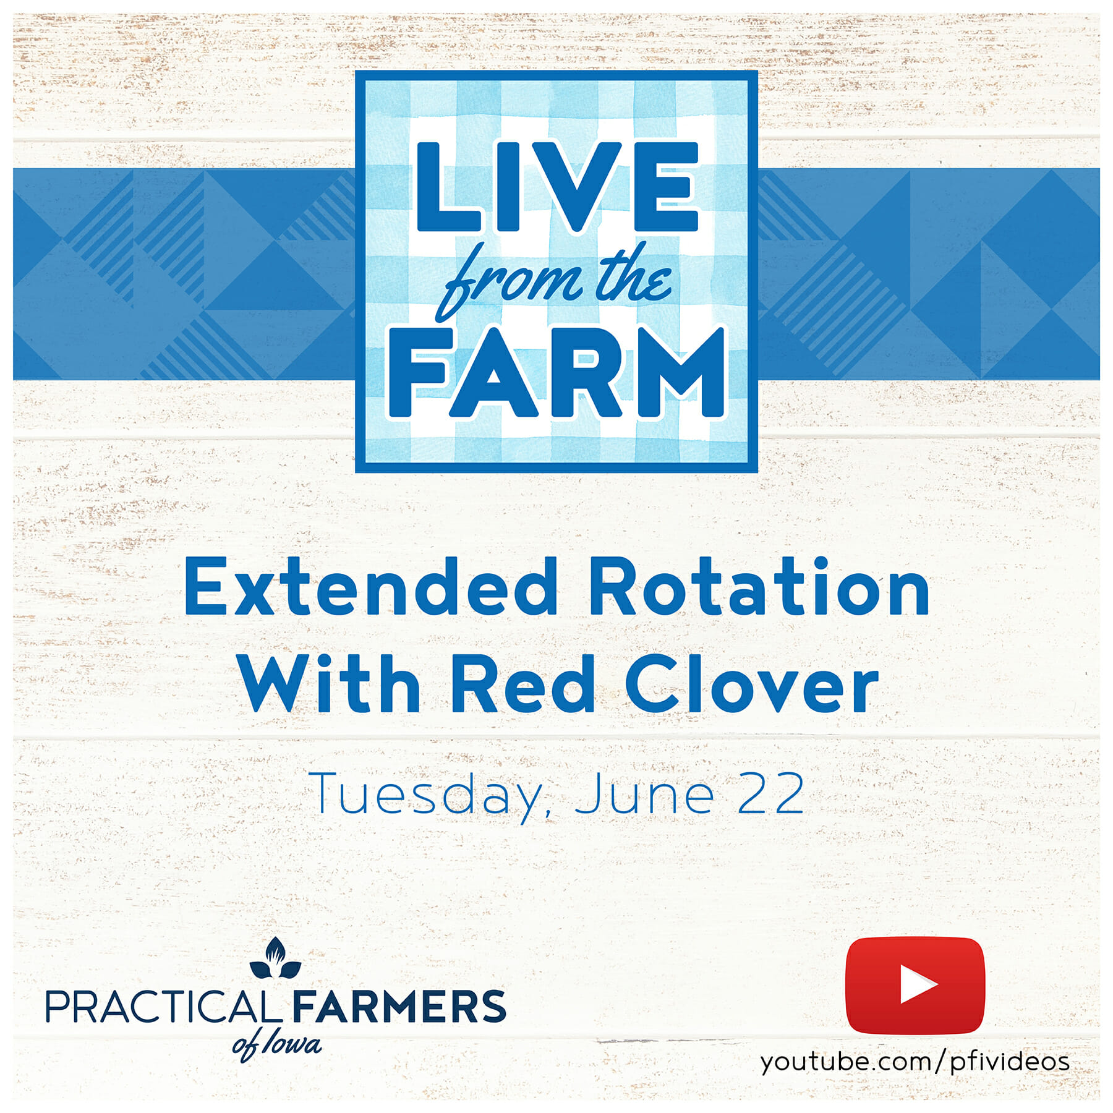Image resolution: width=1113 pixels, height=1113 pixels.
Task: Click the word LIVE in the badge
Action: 556,187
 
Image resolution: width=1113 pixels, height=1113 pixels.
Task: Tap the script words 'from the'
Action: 553,281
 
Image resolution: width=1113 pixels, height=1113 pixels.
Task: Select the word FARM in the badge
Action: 556,372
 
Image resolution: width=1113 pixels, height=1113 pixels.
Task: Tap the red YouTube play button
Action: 915,986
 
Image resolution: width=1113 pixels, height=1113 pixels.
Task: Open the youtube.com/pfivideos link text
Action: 915,1062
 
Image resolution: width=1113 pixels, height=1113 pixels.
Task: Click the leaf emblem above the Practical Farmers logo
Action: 275,959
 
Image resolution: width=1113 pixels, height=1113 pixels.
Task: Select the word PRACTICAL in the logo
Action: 160,1007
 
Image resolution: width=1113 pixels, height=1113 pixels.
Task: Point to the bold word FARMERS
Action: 399,1007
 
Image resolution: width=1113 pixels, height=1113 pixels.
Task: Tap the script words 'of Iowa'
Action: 276,1046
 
